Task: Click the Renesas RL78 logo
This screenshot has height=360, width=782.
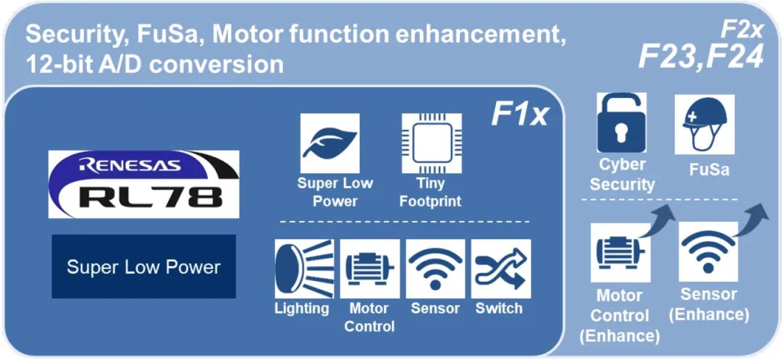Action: point(143,184)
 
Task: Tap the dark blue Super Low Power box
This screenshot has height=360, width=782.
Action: point(143,267)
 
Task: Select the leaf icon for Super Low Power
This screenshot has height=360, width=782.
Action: point(329,143)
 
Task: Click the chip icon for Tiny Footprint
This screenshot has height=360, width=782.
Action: point(432,143)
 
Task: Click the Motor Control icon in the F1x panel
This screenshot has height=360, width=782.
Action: point(369,269)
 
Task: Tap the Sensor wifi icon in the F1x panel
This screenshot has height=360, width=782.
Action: point(435,269)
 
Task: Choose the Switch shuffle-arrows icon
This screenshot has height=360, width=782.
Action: point(500,269)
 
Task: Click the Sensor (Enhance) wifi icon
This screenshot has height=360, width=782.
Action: point(708,251)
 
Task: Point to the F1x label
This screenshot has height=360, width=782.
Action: point(520,114)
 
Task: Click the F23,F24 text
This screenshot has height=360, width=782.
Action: point(700,56)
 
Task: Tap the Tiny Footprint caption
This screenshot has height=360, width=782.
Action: point(431,192)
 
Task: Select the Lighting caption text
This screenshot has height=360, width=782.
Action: point(301,309)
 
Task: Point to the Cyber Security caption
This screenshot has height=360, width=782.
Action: point(621,174)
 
